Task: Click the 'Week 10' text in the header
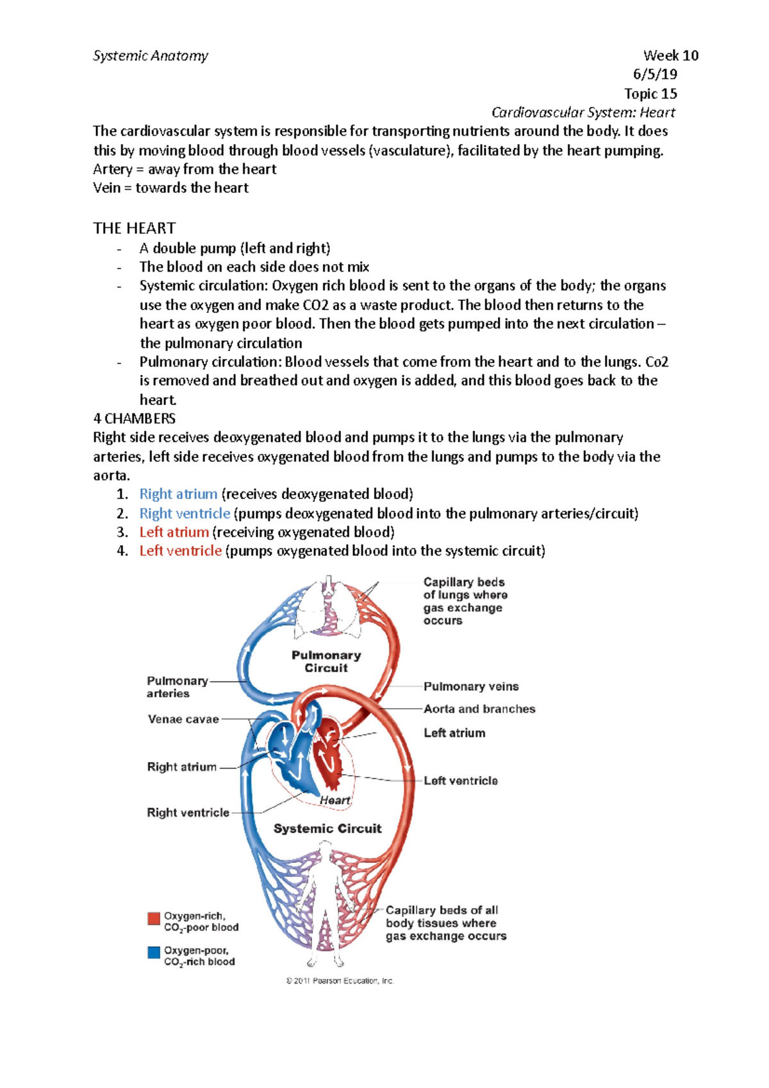[x=670, y=56]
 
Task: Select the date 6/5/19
[x=655, y=74]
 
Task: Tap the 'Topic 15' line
[x=650, y=94]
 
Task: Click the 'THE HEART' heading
[x=134, y=228]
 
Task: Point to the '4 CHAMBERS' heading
[x=134, y=418]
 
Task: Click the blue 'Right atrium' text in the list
[x=178, y=494]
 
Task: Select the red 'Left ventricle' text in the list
[x=180, y=550]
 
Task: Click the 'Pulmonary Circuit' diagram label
[x=326, y=661]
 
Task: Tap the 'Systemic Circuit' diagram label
[x=327, y=828]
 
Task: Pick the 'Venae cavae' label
[x=183, y=719]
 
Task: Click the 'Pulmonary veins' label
[x=471, y=686]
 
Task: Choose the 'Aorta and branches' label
[x=479, y=709]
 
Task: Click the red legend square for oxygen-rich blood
[x=154, y=918]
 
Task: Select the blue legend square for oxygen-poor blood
[x=154, y=952]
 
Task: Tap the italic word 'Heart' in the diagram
[x=335, y=800]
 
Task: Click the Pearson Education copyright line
[x=340, y=980]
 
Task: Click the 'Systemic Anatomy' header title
[x=151, y=56]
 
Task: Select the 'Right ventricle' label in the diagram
[x=188, y=812]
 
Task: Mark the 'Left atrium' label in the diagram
[x=454, y=733]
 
